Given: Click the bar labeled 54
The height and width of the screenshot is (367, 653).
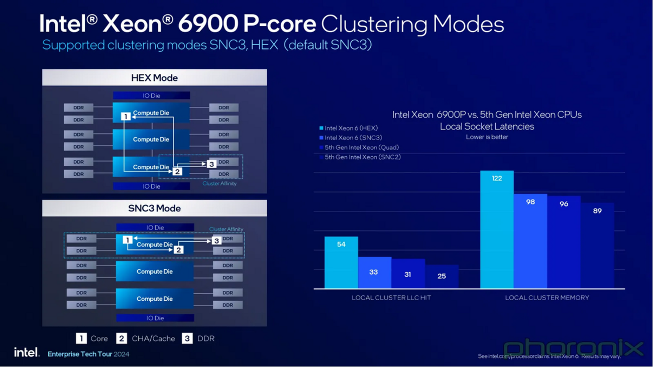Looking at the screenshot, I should coord(341,262).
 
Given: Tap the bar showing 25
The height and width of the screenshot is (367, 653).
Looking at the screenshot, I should coord(442,276).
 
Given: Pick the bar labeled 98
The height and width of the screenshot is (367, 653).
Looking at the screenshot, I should coord(530,241).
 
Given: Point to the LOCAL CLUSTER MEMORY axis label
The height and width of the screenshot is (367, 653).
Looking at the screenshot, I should coord(547,298).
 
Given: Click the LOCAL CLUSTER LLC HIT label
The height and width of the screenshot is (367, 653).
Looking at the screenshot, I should coord(391,298).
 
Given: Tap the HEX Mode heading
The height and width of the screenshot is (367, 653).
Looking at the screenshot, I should coord(154,78).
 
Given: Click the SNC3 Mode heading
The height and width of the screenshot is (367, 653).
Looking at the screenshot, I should coord(154,208).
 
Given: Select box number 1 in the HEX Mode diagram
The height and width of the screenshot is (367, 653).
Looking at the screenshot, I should coord(126,116).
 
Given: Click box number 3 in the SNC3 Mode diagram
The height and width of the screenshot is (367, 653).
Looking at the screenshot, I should coord(216,240).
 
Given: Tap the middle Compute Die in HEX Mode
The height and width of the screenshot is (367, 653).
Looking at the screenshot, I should coord(151,140).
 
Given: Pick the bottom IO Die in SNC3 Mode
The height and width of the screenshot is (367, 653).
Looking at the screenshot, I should coord(155,318).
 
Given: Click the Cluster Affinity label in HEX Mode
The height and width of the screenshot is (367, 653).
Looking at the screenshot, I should coord(219,184).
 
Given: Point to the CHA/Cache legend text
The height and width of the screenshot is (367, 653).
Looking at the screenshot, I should coord(153,339).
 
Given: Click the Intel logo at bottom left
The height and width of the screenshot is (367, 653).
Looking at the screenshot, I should coord(26,352).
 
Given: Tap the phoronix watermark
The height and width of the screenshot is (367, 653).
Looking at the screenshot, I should coord(573,347).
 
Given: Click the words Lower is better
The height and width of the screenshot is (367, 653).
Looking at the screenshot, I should coord(487,137).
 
